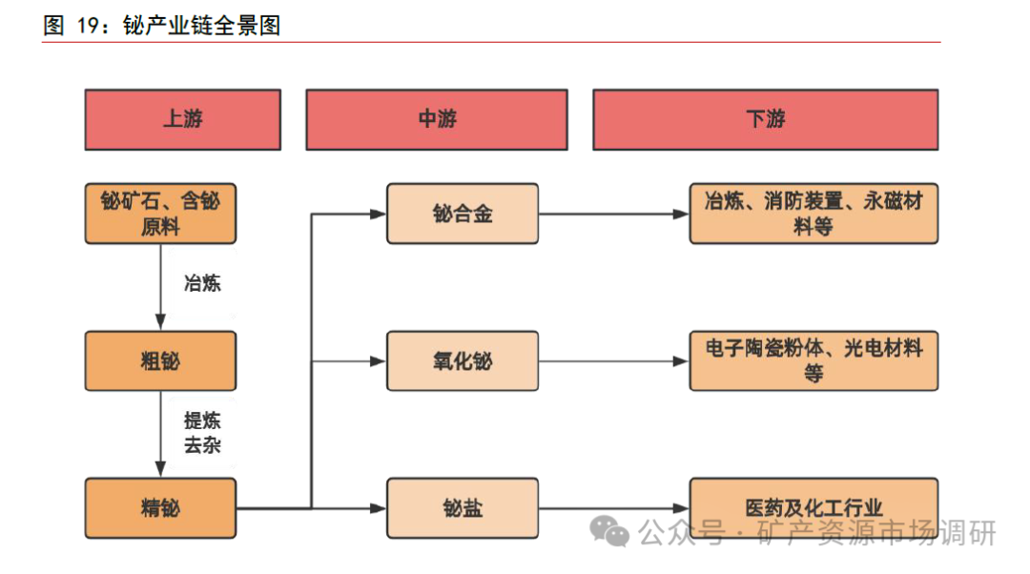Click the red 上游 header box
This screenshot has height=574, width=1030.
click(x=182, y=120)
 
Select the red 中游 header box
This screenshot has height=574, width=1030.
click(x=437, y=120)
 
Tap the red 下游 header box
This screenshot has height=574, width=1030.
click(x=765, y=120)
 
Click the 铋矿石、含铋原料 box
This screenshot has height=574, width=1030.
click(x=160, y=214)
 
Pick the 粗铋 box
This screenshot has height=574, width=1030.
click(x=160, y=361)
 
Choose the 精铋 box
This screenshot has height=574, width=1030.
click(x=160, y=508)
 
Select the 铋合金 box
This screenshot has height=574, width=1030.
click(x=463, y=214)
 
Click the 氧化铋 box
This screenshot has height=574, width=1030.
click(x=463, y=361)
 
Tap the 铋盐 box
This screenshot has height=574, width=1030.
click(x=463, y=508)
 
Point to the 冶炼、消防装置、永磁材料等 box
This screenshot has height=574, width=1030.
click(x=814, y=214)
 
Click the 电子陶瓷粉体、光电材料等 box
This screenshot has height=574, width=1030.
click(x=814, y=361)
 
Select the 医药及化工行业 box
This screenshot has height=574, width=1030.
click(x=814, y=508)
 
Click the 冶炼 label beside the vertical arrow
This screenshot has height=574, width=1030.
click(x=202, y=283)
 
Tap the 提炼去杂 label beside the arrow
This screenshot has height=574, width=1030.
click(x=202, y=432)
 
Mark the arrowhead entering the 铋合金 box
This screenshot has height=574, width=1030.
click(x=379, y=214)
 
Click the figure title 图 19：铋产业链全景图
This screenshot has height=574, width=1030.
click(x=162, y=26)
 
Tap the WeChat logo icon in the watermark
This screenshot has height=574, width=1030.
click(x=609, y=531)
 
